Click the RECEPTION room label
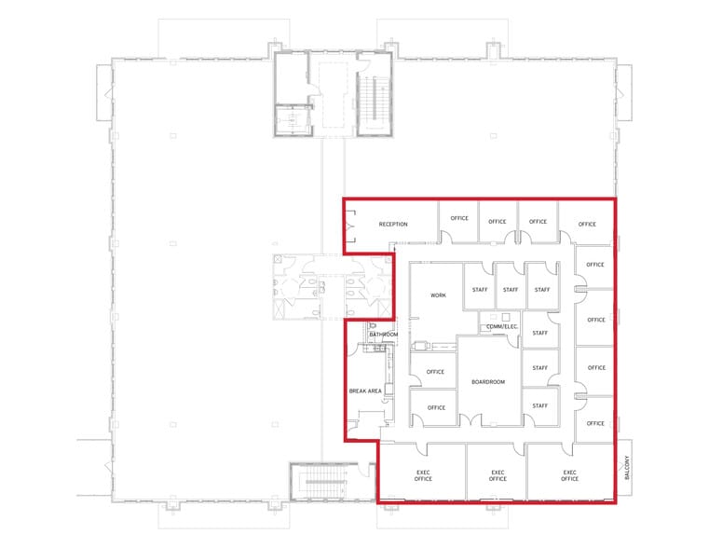393,225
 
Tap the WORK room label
438,295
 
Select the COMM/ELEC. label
501,327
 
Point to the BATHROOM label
384,335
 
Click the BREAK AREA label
363,390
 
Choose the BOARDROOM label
488,382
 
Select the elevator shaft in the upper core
293,119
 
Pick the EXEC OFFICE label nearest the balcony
570,474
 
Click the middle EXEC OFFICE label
498,474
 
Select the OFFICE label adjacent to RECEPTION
459,219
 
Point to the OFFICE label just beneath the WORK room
435,372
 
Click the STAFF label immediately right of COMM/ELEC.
539,331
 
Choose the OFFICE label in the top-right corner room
586,224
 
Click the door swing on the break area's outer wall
353,355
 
